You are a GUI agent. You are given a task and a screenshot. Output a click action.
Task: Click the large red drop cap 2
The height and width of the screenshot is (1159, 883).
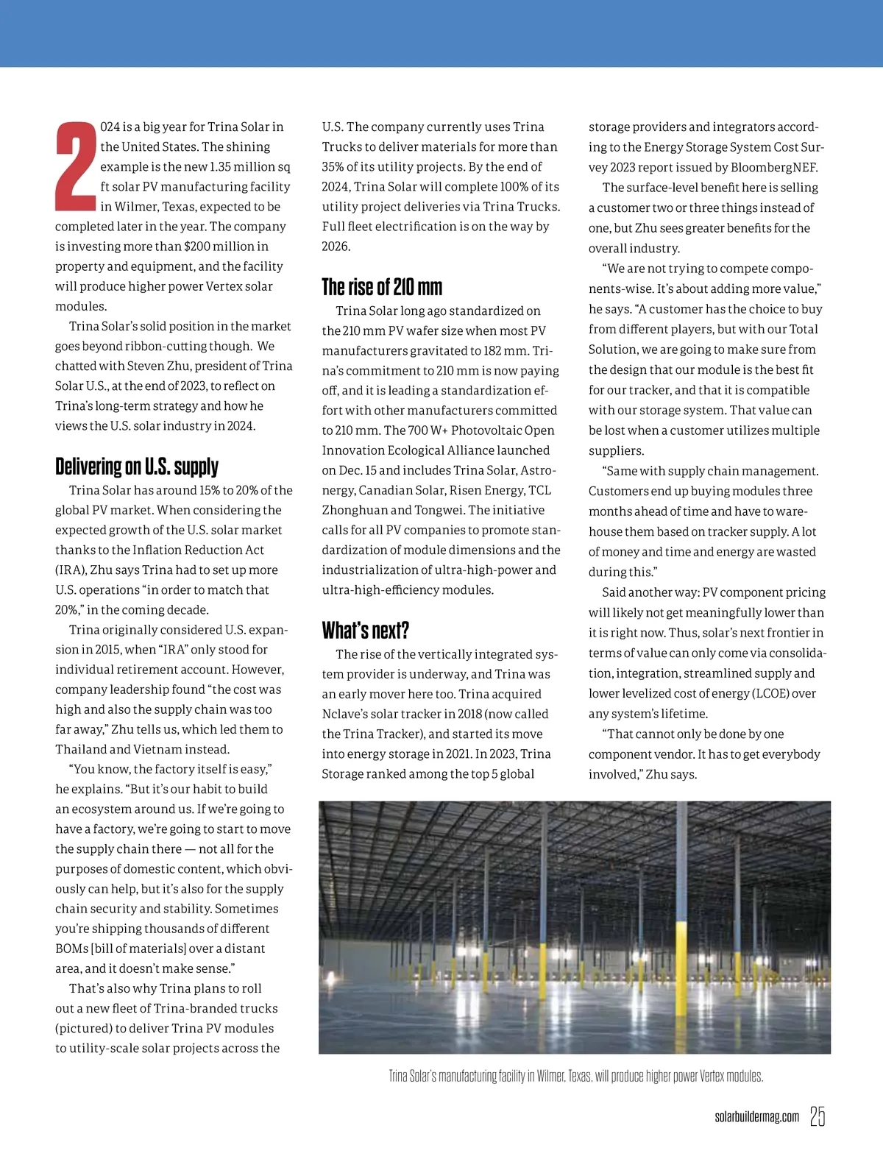(x=76, y=166)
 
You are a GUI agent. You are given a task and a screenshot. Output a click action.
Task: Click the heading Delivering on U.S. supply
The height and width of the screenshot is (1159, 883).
(x=137, y=467)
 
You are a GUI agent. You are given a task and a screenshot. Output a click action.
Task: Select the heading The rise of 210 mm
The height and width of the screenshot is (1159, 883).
(x=382, y=287)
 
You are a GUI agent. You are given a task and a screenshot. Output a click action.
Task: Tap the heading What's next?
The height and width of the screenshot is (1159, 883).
(x=365, y=631)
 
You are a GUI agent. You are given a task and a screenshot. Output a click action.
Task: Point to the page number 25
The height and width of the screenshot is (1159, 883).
(x=817, y=1116)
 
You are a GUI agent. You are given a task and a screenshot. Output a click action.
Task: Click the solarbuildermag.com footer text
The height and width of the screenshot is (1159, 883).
(x=756, y=1117)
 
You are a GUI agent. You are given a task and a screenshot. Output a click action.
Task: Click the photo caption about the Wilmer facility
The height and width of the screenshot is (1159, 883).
(x=575, y=1076)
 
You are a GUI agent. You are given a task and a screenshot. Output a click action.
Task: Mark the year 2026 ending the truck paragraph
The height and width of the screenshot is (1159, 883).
(x=336, y=247)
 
